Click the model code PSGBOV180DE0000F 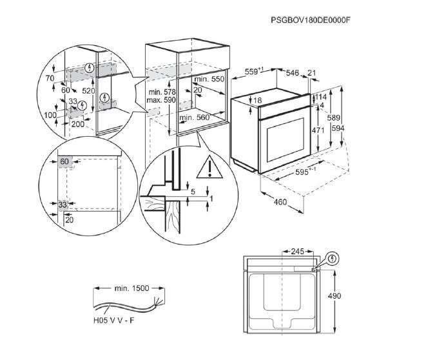click(311, 20)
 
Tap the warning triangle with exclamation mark click(209, 168)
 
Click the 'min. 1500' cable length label click(131, 288)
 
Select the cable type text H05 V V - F click(114, 320)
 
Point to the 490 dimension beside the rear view click(335, 295)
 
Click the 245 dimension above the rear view click(298, 252)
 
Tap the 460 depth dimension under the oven click(280, 202)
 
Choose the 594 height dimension click(338, 128)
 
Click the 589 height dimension click(333, 117)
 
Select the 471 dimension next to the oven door click(318, 130)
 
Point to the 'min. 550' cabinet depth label click(209, 79)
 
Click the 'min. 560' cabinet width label click(194, 117)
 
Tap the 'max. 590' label click(161, 100)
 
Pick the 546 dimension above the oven click(292, 73)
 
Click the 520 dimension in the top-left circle click(88, 91)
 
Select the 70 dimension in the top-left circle click(50, 78)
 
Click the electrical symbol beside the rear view click(332, 259)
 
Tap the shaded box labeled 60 click(65, 162)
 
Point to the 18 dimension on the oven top click(257, 101)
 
